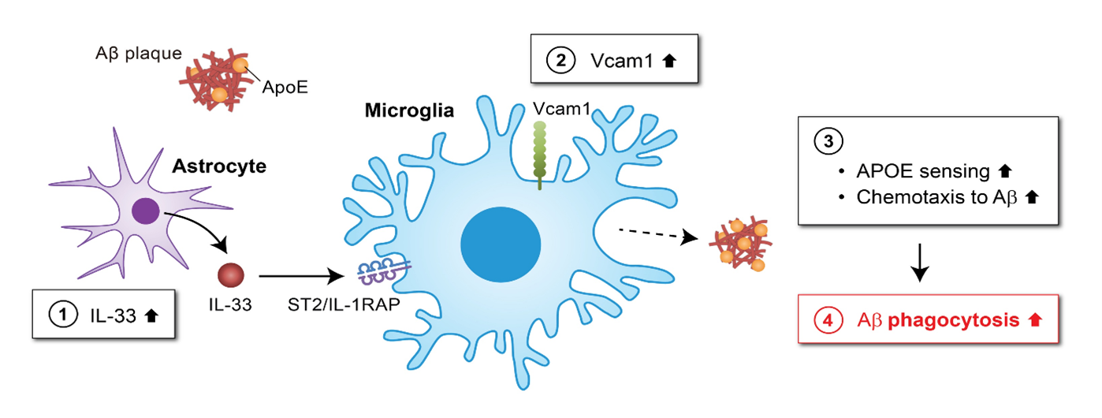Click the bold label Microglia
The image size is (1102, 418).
tap(409, 110)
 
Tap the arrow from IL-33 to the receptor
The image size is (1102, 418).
tap(303, 276)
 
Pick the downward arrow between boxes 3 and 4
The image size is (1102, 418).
tap(919, 271)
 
